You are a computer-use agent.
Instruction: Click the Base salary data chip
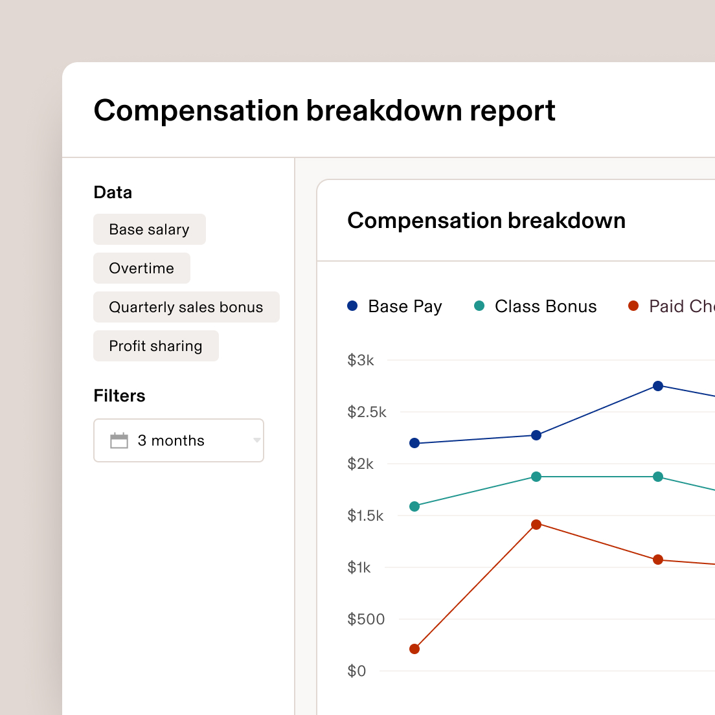pyautogui.click(x=149, y=230)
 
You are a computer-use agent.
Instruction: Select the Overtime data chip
pyautogui.click(x=141, y=268)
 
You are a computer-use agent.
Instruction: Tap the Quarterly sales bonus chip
pyautogui.click(x=186, y=307)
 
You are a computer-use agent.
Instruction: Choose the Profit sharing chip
pyautogui.click(x=155, y=346)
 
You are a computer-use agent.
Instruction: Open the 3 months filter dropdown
pyautogui.click(x=179, y=440)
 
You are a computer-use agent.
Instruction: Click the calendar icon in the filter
pyautogui.click(x=119, y=440)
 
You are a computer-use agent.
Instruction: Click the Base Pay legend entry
pyautogui.click(x=395, y=306)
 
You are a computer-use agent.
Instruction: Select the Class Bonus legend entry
pyautogui.click(x=536, y=306)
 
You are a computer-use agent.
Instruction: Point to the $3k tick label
pyautogui.click(x=361, y=361)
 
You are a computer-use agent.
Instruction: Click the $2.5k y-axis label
pyautogui.click(x=367, y=412)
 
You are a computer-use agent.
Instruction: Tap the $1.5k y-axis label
pyautogui.click(x=366, y=516)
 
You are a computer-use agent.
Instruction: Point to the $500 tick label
pyautogui.click(x=366, y=619)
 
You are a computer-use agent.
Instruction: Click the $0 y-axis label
pyautogui.click(x=357, y=671)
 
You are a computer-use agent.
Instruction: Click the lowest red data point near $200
pyautogui.click(x=414, y=649)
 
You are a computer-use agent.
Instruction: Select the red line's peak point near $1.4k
pyautogui.click(x=536, y=525)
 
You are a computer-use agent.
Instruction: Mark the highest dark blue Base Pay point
pyautogui.click(x=658, y=386)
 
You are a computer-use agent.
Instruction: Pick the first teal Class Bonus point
pyautogui.click(x=414, y=506)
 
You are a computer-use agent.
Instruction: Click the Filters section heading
pyautogui.click(x=119, y=396)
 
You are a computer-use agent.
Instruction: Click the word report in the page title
pyautogui.click(x=512, y=111)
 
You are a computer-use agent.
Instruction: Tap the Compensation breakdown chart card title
pyautogui.click(x=486, y=221)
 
